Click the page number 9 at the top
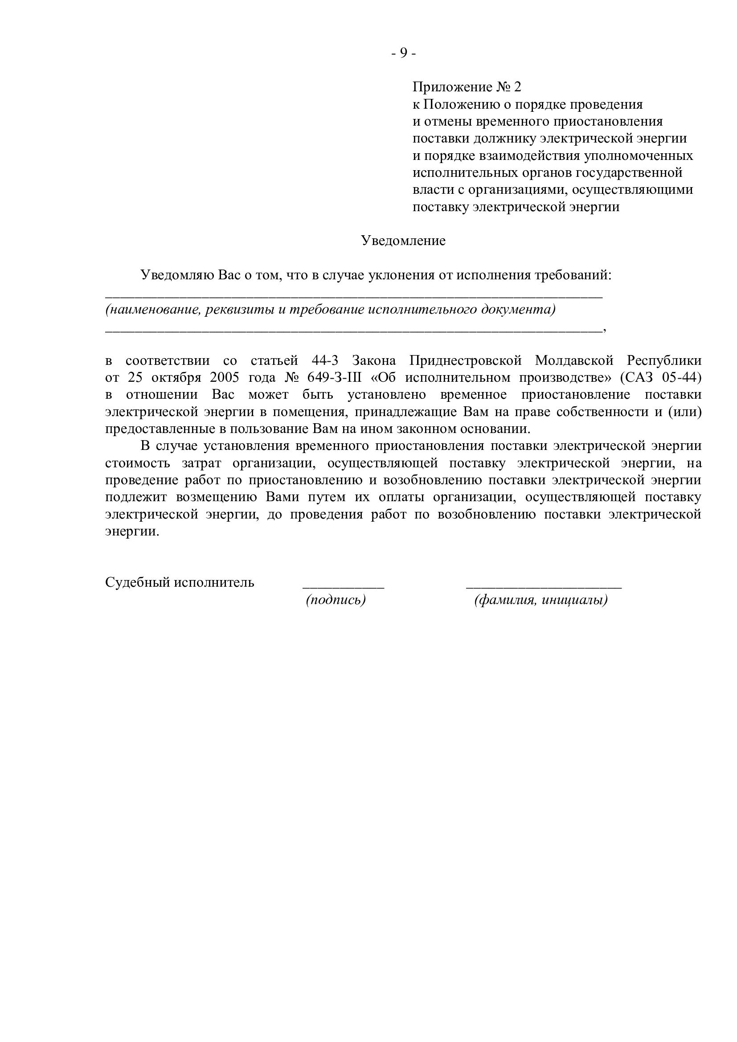tap(403, 53)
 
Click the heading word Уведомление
tap(403, 241)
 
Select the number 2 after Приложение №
tap(518, 87)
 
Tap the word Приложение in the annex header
tap(452, 87)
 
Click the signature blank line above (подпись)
tap(344, 588)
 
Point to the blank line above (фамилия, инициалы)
tap(544, 588)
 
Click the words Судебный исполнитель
tap(180, 582)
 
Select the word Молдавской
tap(574, 361)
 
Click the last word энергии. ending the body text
tap(132, 531)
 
